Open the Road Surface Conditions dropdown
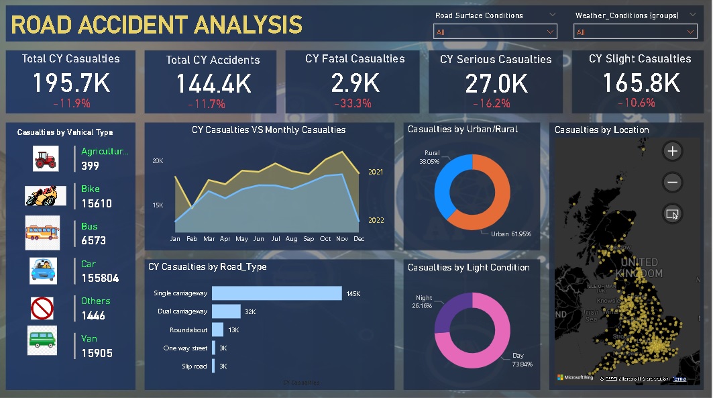(x=495, y=32)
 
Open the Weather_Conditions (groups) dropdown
(x=635, y=32)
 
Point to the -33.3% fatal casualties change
(x=355, y=103)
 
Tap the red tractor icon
(x=46, y=159)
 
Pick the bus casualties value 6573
(x=94, y=240)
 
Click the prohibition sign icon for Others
(x=42, y=309)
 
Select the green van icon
(x=42, y=340)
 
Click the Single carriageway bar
(x=276, y=293)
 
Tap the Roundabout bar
(x=217, y=330)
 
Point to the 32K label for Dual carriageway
(x=250, y=312)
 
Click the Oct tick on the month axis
(x=326, y=239)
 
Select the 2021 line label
(x=376, y=172)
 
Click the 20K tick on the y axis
(x=158, y=161)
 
